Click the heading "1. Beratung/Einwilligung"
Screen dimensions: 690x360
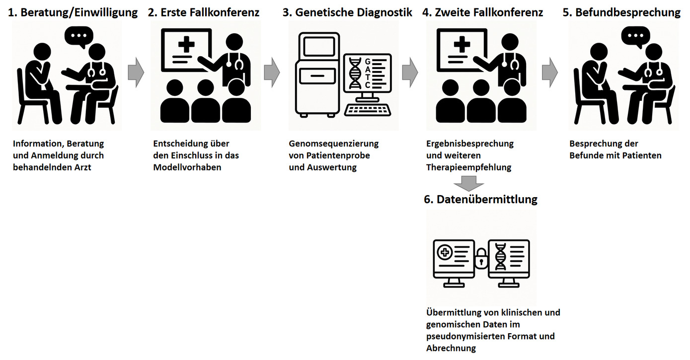pos(73,12)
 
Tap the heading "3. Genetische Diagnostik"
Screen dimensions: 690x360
pos(347,12)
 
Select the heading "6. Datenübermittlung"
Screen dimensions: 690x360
pos(480,199)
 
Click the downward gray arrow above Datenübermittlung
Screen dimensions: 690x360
pos(469,183)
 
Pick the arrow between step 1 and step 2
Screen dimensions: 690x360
pos(136,72)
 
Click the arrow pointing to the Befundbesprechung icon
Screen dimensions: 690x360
pos(550,72)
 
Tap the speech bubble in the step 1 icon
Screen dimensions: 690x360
pos(79,37)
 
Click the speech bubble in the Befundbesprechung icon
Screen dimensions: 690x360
pos(635,37)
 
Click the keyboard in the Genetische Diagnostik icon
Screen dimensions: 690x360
pos(368,110)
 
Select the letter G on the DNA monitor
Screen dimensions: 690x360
pos(368,62)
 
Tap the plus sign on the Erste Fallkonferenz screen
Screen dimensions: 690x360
pos(186,45)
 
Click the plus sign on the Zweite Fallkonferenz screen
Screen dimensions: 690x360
pos(462,45)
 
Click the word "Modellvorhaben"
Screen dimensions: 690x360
pos(187,167)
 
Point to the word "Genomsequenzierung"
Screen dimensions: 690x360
pos(334,144)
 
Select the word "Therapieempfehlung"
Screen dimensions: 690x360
pos(469,167)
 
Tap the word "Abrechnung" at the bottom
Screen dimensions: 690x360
pos(451,348)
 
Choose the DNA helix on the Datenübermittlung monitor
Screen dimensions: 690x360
pos(500,257)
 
